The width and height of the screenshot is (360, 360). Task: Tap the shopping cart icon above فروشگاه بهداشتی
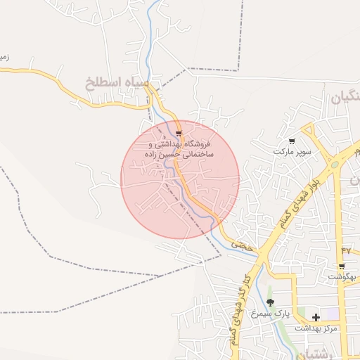point(179,133)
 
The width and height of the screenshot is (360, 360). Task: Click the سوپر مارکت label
point(292,152)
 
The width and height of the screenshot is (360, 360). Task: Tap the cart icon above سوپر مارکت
point(292,141)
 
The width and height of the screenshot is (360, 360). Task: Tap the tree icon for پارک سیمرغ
point(270,302)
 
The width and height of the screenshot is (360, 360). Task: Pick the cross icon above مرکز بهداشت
point(316,318)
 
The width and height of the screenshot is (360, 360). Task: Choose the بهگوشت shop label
point(342,277)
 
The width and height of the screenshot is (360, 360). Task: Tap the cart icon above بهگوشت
point(342,266)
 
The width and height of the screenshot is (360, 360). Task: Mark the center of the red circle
point(180,179)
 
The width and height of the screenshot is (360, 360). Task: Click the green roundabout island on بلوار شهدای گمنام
point(335,165)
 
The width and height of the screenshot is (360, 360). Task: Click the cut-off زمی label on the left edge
point(4,57)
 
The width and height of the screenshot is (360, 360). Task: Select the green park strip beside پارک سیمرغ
point(303,313)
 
